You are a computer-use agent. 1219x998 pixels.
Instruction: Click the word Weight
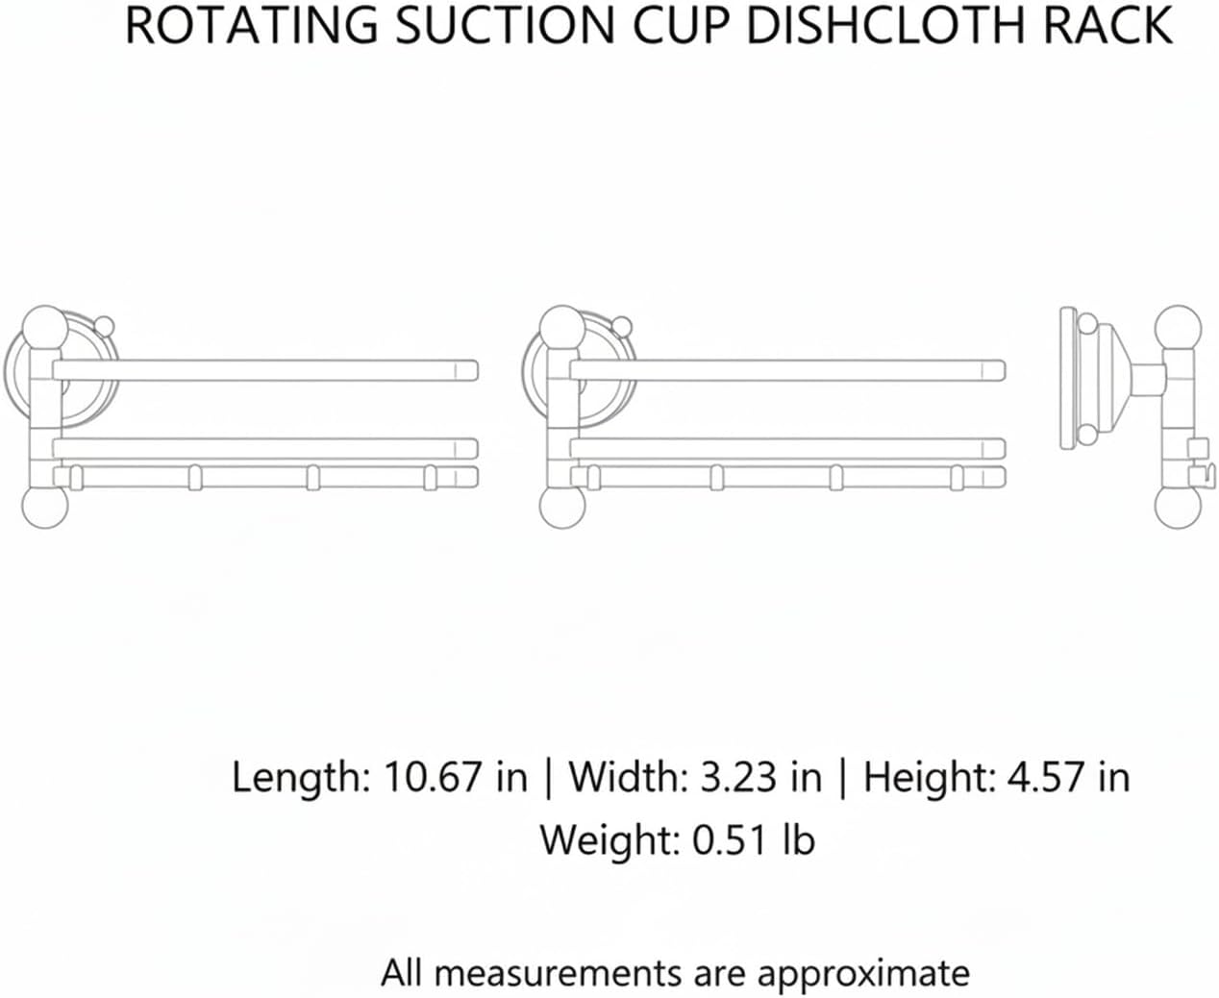(x=609, y=841)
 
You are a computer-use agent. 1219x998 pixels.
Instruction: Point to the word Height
(x=929, y=778)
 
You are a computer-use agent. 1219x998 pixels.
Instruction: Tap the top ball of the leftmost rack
(x=44, y=328)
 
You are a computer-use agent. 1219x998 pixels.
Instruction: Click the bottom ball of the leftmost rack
(x=45, y=506)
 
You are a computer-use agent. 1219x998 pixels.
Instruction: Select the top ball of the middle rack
(x=561, y=328)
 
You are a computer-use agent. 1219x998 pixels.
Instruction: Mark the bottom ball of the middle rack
(x=561, y=506)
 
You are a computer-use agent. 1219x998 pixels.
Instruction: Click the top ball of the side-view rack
(x=1178, y=328)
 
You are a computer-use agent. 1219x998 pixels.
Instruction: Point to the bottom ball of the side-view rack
(x=1178, y=506)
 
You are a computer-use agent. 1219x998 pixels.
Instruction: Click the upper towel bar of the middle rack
(x=787, y=370)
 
